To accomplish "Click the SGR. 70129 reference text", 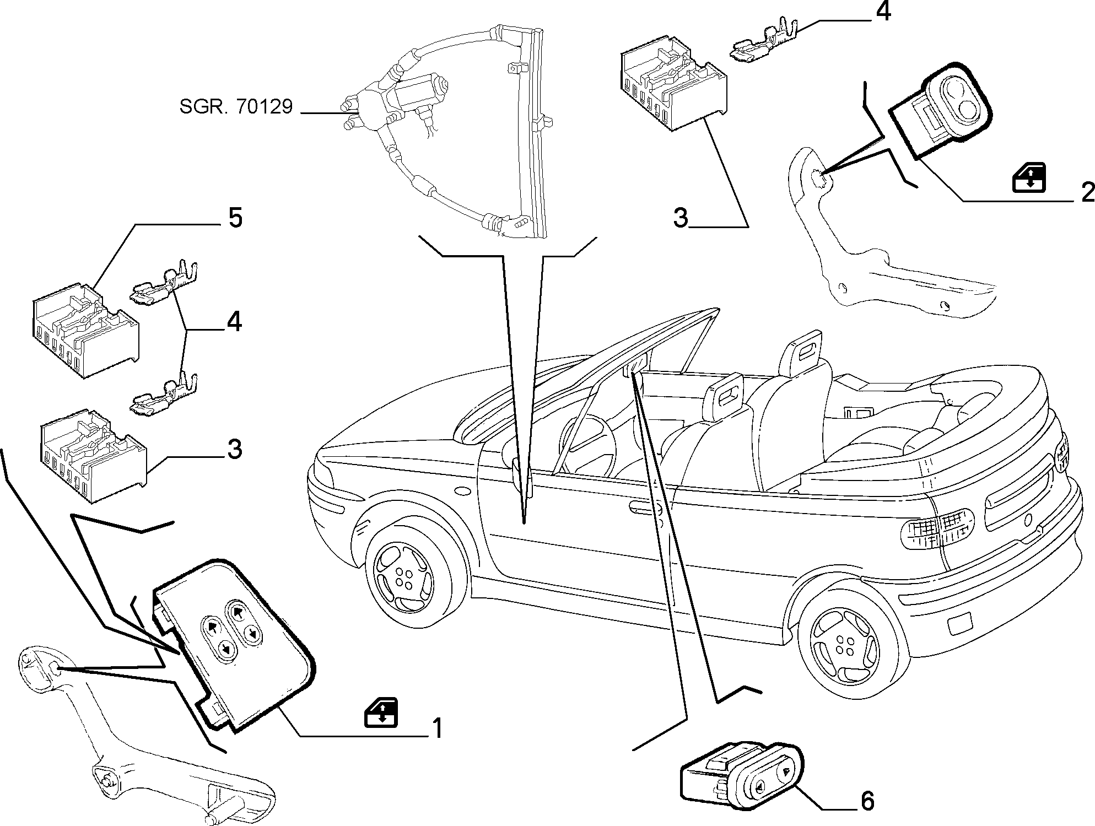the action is tap(236, 106).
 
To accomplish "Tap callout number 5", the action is tap(235, 218).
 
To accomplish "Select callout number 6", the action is tap(867, 801).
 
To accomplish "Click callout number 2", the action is tap(1087, 192).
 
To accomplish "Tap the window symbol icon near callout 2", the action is tap(1030, 177).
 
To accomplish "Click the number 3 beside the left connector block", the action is tap(234, 450).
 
